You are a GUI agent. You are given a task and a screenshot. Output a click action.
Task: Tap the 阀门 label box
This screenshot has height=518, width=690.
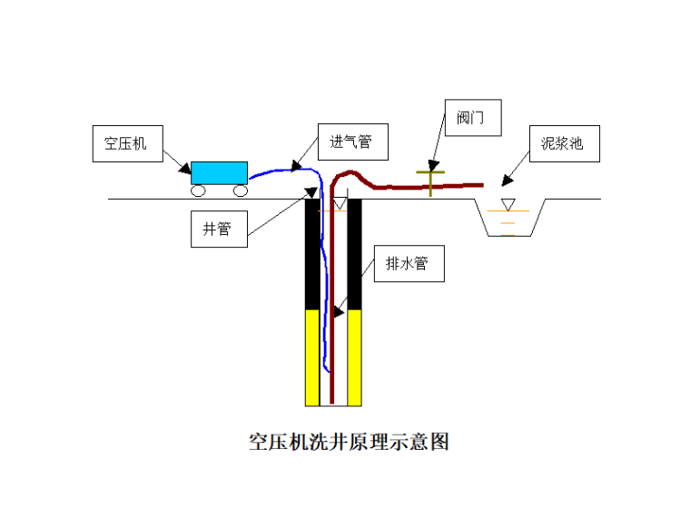pyautogui.click(x=472, y=118)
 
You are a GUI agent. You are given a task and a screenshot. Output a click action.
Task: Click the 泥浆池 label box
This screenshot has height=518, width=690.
pyautogui.click(x=562, y=143)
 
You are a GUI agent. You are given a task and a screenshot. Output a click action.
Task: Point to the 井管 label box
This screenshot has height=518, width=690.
pyautogui.click(x=217, y=229)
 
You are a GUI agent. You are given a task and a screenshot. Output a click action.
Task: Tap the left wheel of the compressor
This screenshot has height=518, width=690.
pyautogui.click(x=198, y=191)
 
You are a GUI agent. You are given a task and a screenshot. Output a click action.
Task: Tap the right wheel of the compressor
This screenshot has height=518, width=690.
pyautogui.click(x=240, y=191)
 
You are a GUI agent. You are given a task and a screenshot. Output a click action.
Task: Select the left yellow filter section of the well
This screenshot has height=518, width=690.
pyautogui.click(x=312, y=357)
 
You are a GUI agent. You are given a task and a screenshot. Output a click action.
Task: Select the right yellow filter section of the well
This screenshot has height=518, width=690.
pyautogui.click(x=355, y=357)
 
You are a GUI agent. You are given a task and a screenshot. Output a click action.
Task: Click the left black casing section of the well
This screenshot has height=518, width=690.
pyautogui.click(x=312, y=254)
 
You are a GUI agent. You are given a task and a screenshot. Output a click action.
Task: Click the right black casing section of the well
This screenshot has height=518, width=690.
pyautogui.click(x=355, y=254)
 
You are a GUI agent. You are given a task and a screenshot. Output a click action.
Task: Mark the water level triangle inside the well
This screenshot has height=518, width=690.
pyautogui.click(x=339, y=204)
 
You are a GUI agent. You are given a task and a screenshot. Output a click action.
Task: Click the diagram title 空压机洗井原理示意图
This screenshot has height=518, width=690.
pyautogui.click(x=350, y=442)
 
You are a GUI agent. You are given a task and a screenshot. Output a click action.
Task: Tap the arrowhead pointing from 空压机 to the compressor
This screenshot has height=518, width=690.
pyautogui.click(x=185, y=169)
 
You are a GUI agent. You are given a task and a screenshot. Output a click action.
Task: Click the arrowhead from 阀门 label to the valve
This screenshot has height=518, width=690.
pyautogui.click(x=433, y=165)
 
